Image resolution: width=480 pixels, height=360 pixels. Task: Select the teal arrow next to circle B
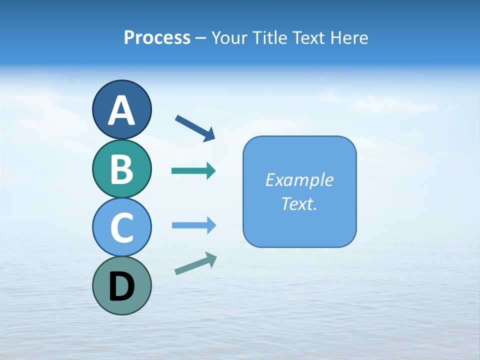pyautogui.click(x=193, y=171)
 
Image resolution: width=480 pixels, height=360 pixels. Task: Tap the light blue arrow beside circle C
pyautogui.click(x=193, y=225)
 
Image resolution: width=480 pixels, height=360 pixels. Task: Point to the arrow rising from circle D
pyautogui.click(x=195, y=263)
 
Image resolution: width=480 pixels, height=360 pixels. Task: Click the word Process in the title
pyautogui.click(x=157, y=37)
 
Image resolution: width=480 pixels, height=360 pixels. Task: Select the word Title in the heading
pyautogui.click(x=270, y=37)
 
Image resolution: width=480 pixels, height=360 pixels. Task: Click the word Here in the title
pyautogui.click(x=349, y=37)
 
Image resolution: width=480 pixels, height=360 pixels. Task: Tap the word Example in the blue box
pyautogui.click(x=299, y=180)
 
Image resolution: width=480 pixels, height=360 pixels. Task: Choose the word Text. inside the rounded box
pyautogui.click(x=299, y=203)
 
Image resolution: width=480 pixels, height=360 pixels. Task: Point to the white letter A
pyautogui.click(x=121, y=111)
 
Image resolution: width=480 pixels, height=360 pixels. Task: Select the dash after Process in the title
pyautogui.click(x=200, y=38)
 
